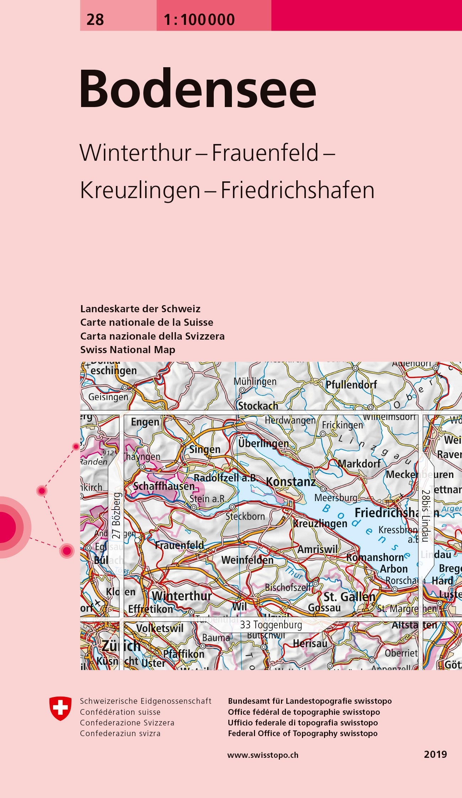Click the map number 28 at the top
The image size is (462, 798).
(95, 20)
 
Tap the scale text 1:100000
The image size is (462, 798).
(199, 20)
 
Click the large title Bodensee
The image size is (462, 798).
(198, 89)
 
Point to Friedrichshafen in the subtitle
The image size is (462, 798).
(298, 191)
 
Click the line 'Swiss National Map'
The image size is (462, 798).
(128, 350)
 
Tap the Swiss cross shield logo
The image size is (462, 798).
(60, 708)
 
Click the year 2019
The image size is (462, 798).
(435, 754)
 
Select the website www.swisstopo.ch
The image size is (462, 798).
(263, 755)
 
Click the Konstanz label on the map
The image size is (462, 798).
(291, 482)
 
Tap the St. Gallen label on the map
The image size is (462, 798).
(349, 596)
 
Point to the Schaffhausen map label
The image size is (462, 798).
(164, 486)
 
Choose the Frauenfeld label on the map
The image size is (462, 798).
(179, 545)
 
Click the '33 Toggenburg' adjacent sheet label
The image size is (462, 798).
(271, 625)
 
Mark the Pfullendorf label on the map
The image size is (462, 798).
(351, 385)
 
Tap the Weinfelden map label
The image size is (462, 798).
(247, 560)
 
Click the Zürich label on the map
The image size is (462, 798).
(121, 646)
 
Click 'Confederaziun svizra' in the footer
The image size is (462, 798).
(120, 733)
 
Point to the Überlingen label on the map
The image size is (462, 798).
(263, 443)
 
